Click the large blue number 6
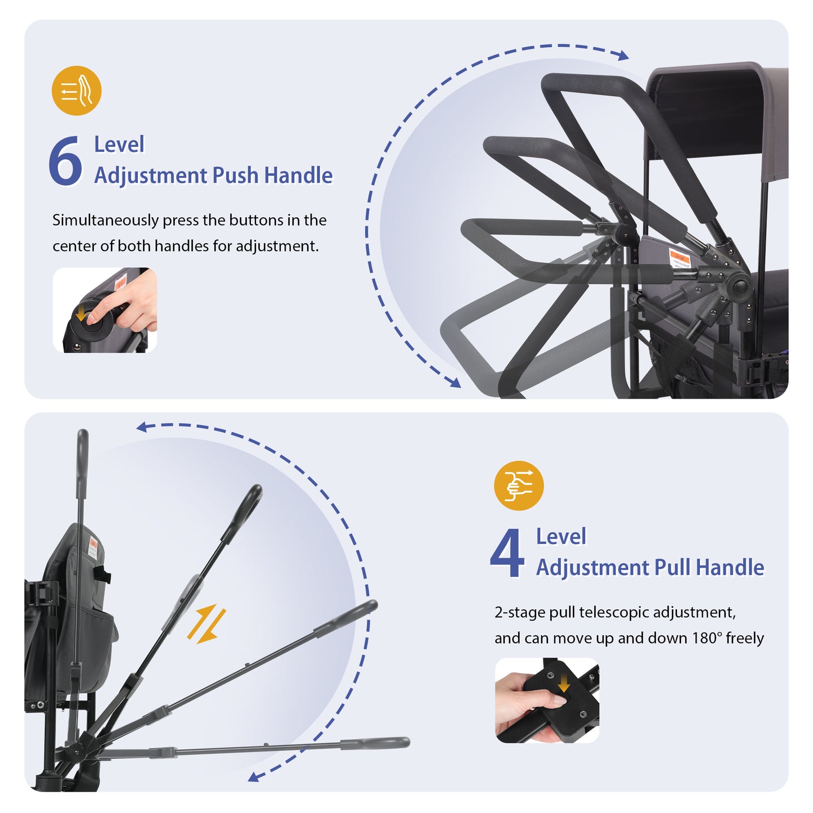65,160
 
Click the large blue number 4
507,553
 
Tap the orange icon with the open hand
77,90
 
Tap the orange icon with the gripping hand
519,485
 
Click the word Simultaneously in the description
105,221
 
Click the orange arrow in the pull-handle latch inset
563,684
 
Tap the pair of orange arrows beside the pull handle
206,624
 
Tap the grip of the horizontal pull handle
375,743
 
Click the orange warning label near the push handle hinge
680,258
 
